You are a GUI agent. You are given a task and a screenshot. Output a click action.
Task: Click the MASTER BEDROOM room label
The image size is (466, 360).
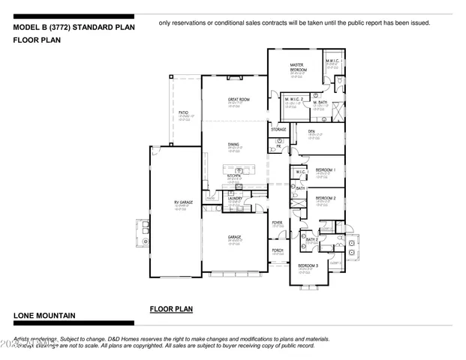296,67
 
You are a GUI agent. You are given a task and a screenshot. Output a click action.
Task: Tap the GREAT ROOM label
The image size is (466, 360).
239,99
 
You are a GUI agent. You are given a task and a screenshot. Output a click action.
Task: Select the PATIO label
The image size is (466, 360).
183,112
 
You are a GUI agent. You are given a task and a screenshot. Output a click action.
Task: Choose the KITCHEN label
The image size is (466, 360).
234,176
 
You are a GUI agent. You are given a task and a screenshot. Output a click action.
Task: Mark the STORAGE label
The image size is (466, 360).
278,130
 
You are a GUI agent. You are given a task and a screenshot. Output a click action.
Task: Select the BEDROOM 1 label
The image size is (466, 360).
325,170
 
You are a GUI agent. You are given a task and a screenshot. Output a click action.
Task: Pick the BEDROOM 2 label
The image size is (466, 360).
325,198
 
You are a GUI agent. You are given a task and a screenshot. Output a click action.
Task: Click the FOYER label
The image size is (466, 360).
277,223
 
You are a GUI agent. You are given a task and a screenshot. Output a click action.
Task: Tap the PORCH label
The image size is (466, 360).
277,249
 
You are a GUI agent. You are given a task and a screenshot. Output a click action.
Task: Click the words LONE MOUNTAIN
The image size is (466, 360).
42,316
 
